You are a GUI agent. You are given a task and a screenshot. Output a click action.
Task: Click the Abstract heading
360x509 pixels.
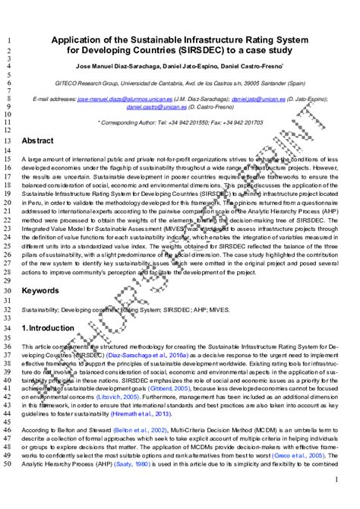(x=37, y=141)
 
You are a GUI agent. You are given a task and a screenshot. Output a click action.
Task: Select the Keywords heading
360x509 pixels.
(x=39, y=290)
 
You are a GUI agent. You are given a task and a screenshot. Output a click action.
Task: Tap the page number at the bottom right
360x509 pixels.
(x=336, y=480)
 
